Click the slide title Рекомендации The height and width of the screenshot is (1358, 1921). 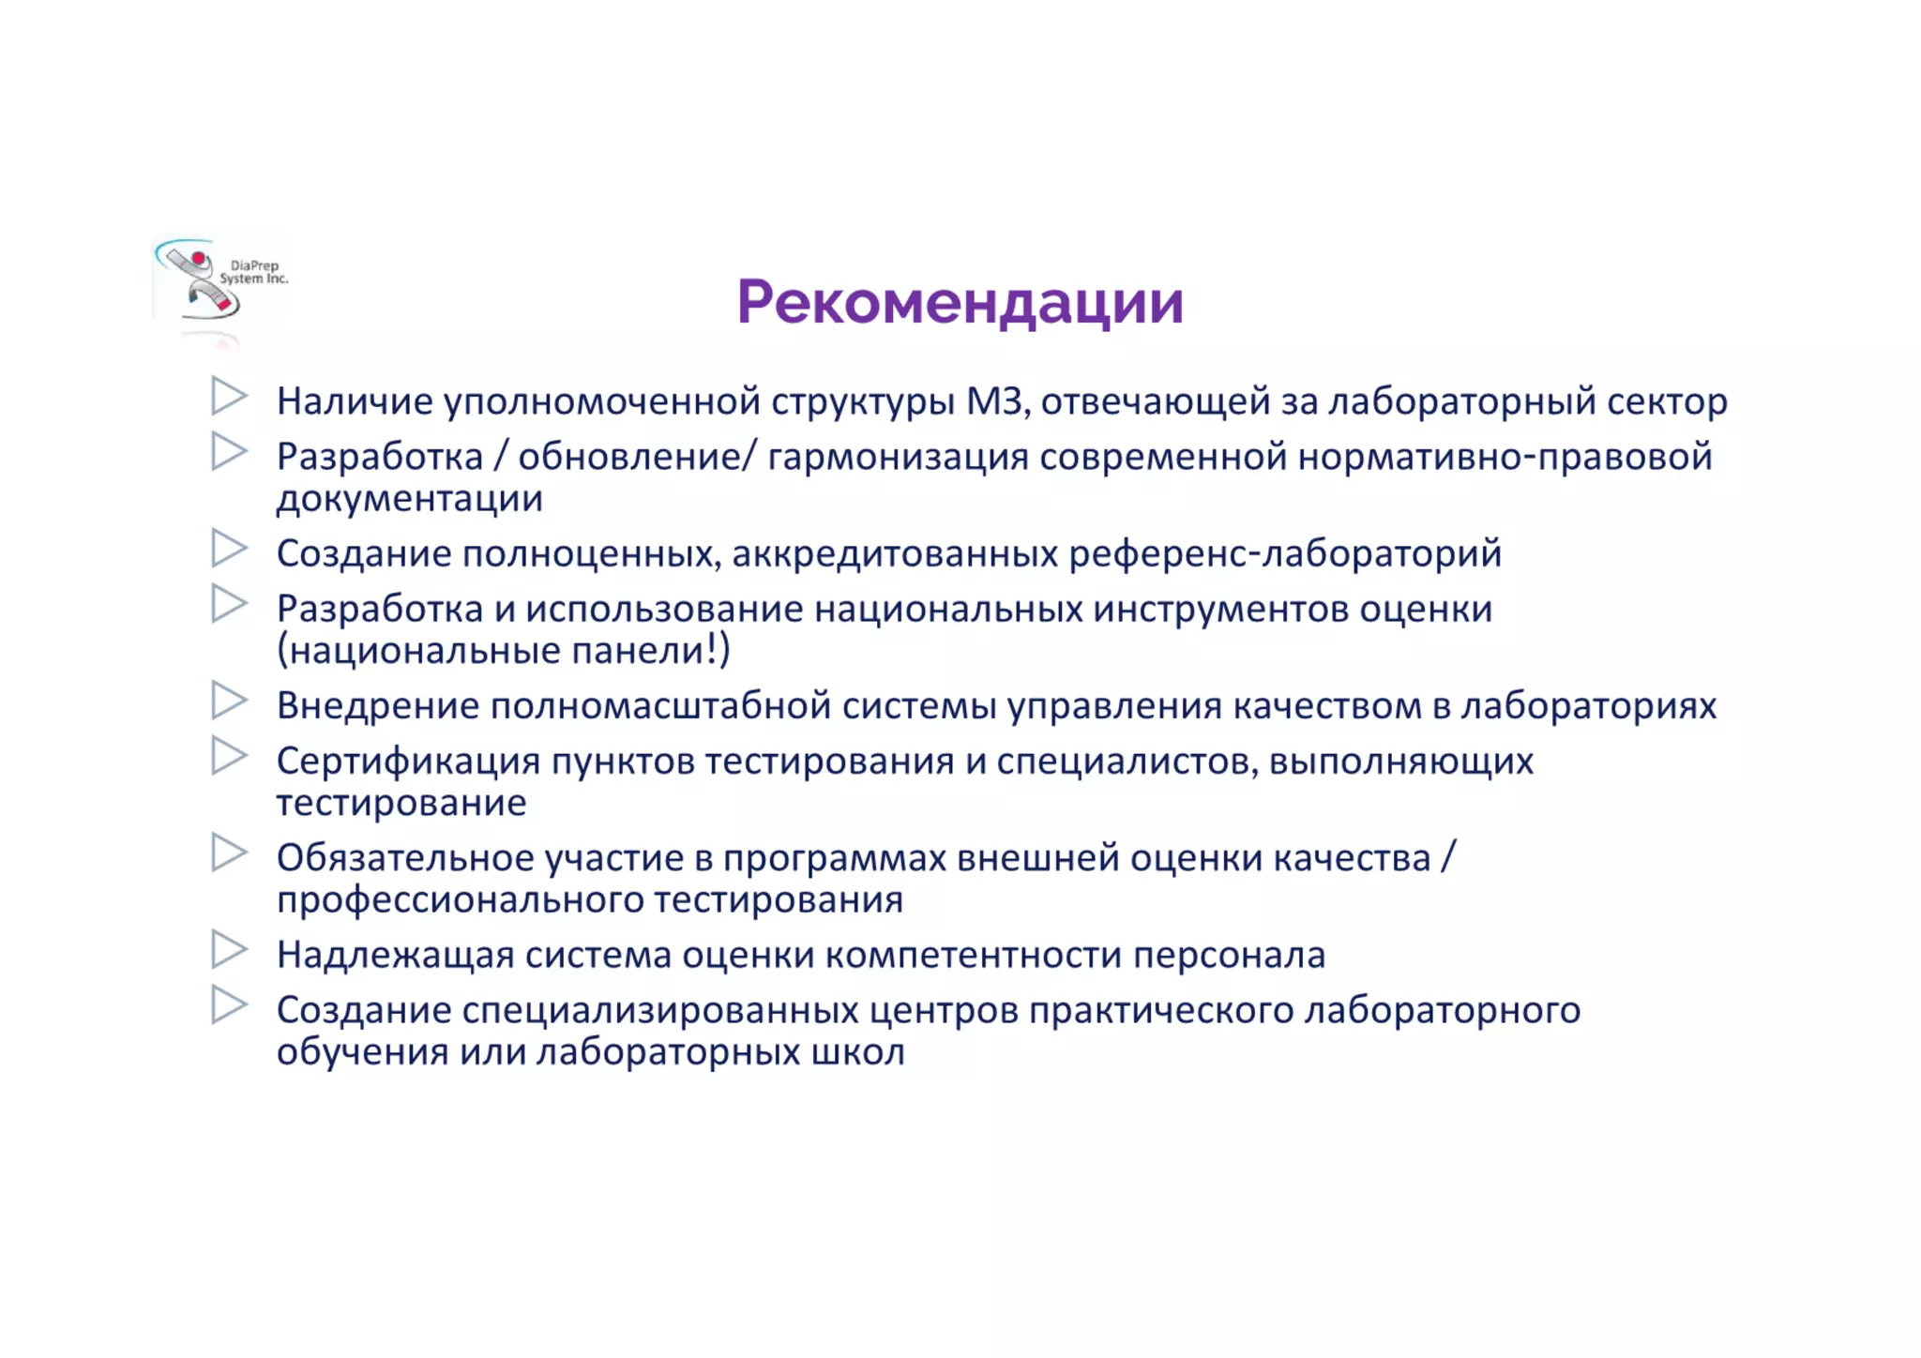(960, 302)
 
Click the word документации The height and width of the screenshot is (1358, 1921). (409, 498)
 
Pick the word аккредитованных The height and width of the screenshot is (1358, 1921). (895, 553)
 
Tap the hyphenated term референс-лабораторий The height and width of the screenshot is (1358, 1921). (1285, 553)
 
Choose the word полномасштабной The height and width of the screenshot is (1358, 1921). (660, 705)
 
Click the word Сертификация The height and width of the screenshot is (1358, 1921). (408, 761)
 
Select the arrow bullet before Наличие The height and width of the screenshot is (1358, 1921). (229, 396)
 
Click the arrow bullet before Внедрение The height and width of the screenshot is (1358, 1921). (229, 701)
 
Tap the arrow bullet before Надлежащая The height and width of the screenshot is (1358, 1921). (229, 949)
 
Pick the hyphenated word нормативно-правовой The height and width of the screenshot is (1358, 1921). (1505, 457)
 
